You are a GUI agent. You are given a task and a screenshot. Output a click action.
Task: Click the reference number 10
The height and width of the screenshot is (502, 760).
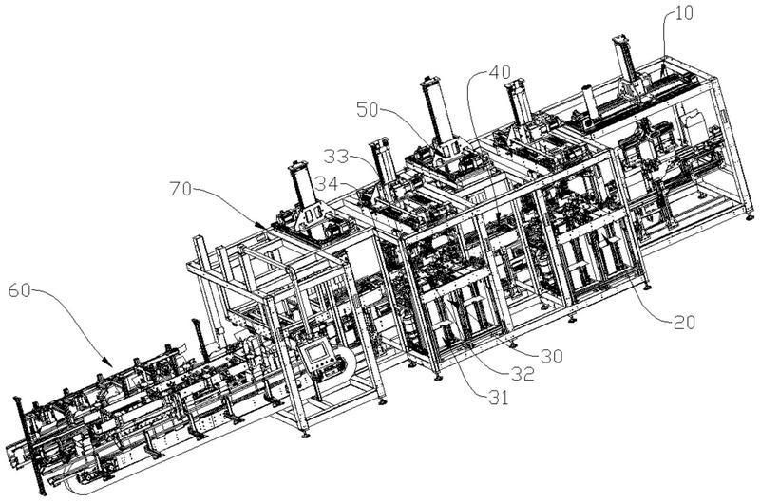tap(684, 13)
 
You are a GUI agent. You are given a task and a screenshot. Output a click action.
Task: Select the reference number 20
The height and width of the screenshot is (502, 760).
tap(685, 322)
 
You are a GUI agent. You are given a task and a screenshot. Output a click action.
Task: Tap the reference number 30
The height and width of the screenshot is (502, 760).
tap(552, 356)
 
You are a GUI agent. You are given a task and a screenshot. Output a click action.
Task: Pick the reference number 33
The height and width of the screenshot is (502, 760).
tap(336, 157)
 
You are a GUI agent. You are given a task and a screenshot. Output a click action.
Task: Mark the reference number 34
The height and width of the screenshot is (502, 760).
tap(326, 183)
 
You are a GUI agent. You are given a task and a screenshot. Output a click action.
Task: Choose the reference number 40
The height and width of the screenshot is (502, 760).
tap(500, 72)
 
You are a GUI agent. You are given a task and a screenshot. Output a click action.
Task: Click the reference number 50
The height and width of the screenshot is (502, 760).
tap(368, 110)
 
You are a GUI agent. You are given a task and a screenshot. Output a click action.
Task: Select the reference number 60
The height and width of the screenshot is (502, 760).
tap(19, 290)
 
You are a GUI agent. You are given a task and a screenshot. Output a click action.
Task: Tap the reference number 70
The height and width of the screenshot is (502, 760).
tap(180, 188)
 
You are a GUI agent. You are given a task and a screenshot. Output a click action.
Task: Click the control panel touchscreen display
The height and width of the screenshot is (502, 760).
tap(317, 352)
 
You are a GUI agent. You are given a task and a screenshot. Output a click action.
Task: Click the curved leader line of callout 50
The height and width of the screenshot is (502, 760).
tap(408, 126)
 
